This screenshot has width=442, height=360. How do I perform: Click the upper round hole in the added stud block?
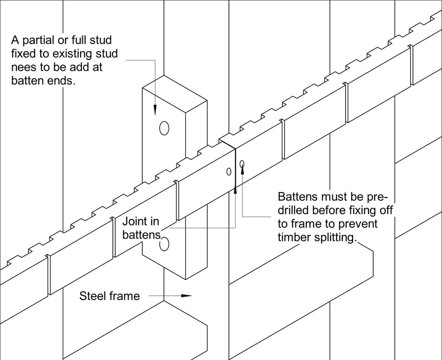(164, 127)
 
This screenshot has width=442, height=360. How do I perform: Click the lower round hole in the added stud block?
(164, 244)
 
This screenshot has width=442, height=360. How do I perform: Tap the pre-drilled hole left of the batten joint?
(229, 172)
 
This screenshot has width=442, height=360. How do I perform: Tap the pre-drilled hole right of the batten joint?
(242, 164)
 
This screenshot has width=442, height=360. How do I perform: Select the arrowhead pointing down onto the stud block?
(155, 111)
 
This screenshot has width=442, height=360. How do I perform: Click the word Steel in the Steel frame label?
(93, 296)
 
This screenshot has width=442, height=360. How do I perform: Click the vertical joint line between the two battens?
(235, 169)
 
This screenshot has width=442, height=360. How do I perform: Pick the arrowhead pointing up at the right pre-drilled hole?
(243, 170)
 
